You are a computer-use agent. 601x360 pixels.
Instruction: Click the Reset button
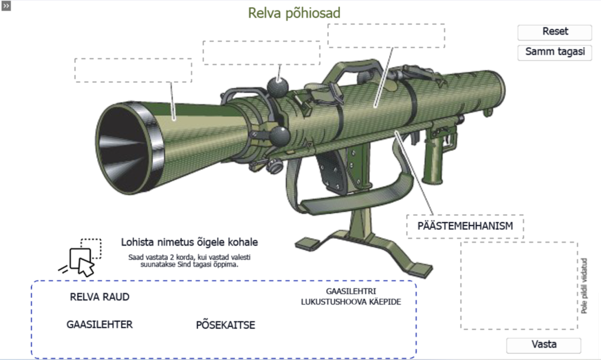[555, 32]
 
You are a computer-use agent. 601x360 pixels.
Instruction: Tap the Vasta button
[543, 345]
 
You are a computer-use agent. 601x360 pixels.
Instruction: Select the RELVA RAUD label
[100, 297]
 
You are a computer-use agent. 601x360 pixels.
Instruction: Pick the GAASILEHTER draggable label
[100, 324]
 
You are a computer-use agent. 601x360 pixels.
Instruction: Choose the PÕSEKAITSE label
[225, 325]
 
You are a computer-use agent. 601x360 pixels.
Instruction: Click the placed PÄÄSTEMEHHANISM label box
[465, 226]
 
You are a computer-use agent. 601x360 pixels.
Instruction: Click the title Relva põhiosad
[294, 13]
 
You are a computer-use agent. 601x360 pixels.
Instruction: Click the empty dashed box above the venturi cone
[133, 70]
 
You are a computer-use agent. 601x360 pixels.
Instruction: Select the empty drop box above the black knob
[262, 53]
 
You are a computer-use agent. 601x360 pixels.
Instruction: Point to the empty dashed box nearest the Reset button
[386, 36]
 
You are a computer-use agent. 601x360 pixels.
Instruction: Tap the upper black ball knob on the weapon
[278, 86]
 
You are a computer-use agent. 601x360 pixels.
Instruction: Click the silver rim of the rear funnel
[153, 147]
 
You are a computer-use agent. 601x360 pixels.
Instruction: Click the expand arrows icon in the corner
[6, 5]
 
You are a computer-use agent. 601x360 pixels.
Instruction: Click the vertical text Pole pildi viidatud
[584, 285]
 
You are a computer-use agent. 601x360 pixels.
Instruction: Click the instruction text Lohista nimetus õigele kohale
[190, 243]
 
